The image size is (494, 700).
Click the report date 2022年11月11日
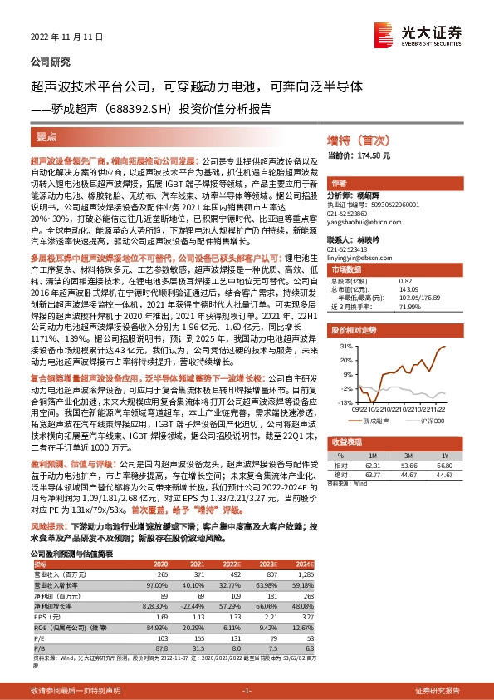click(x=59, y=37)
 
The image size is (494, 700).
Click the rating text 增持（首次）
click(x=357, y=140)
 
